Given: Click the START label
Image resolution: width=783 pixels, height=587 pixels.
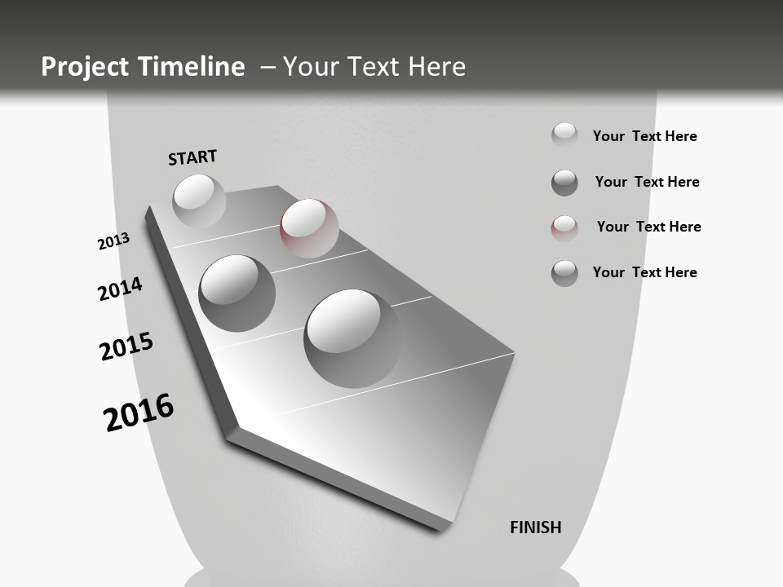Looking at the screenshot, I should (192, 157).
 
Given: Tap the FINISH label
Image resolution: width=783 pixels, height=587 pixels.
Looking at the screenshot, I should (536, 527).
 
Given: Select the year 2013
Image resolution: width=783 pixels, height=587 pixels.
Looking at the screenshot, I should (113, 241).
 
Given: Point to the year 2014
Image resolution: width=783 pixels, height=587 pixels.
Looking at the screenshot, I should (120, 289).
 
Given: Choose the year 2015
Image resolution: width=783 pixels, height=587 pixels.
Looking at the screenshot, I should (126, 346).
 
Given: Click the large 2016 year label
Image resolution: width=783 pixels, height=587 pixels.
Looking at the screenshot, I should (139, 413).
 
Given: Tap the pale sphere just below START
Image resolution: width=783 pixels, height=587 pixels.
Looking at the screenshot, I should (199, 201).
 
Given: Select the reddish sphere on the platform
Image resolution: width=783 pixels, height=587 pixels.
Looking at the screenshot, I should (309, 228).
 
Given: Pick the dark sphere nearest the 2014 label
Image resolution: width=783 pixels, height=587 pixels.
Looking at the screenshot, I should (237, 293).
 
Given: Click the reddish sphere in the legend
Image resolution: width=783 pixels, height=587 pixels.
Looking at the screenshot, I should (564, 228).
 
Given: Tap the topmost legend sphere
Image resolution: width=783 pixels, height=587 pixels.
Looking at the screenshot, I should (564, 135).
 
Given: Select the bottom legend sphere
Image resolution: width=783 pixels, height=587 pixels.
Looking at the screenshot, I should (564, 273).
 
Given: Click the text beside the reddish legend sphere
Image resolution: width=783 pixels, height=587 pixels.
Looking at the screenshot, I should (648, 227).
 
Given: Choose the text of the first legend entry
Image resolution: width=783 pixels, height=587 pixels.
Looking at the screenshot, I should (644, 136).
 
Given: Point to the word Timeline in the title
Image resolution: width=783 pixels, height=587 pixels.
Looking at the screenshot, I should (193, 67).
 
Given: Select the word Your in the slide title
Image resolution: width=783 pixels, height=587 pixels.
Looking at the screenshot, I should (311, 67).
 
